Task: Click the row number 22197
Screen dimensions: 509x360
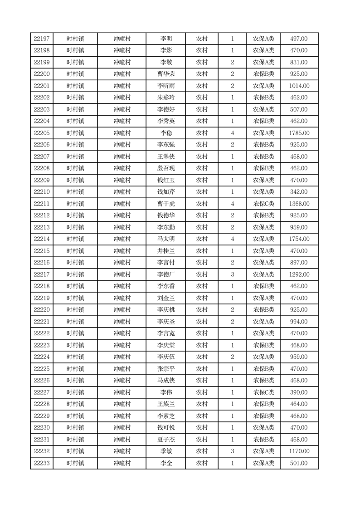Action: coord(42,39)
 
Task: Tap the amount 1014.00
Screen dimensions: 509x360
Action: coord(299,86)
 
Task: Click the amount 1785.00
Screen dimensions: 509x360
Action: coord(299,133)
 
